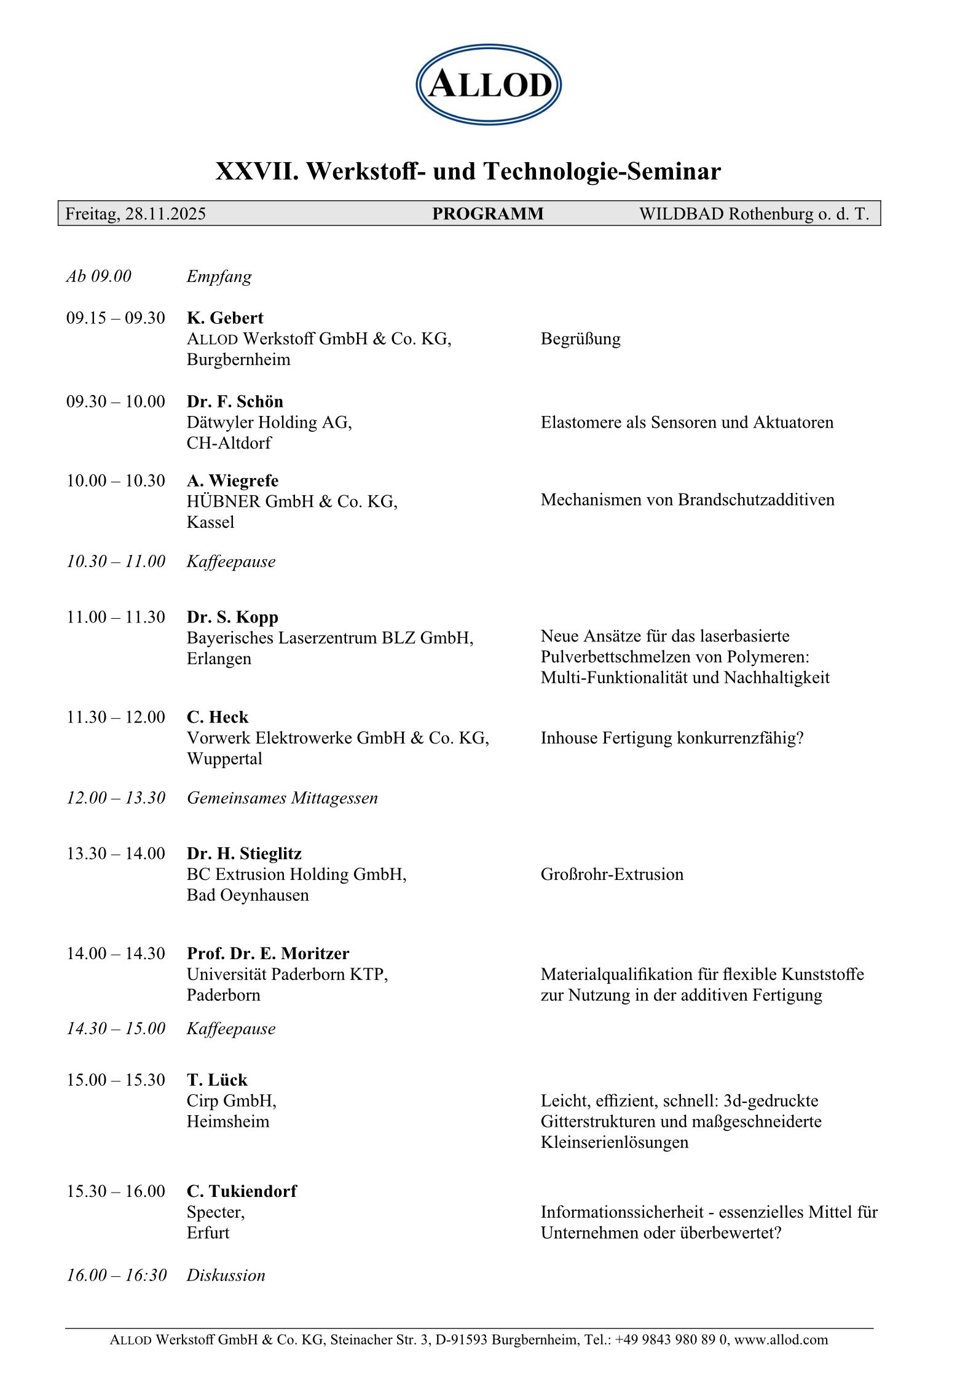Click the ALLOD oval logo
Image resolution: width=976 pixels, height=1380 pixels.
tap(489, 85)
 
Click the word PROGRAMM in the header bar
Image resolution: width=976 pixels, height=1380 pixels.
tap(487, 214)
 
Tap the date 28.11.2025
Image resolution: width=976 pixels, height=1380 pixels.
tap(165, 214)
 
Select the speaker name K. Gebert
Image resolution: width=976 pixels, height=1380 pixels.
tap(225, 318)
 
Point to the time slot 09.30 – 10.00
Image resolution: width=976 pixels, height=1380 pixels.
tap(116, 401)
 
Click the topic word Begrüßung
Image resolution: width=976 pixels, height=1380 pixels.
tap(580, 339)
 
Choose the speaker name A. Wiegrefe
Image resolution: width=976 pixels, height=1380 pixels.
tap(232, 480)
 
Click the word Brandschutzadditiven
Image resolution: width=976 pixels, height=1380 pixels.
tap(756, 500)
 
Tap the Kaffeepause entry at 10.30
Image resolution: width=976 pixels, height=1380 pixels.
tap(231, 561)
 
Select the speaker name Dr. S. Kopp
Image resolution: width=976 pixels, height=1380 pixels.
tap(232, 617)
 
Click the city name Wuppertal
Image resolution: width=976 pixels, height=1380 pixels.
tap(224, 759)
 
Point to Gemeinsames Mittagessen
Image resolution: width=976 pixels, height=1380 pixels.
tap(282, 798)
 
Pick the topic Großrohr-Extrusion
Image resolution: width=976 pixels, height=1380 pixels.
tap(612, 874)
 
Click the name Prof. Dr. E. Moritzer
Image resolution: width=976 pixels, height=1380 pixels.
tap(268, 954)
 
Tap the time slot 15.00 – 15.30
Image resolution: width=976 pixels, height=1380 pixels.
tap(116, 1080)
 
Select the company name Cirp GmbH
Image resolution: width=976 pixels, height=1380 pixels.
tap(231, 1100)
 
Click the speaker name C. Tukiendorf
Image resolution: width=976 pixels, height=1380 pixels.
tap(242, 1191)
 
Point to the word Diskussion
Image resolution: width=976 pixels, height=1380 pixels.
tap(226, 1275)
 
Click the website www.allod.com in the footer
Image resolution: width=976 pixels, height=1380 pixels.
tap(781, 1339)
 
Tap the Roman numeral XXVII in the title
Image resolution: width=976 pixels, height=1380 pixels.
tap(256, 171)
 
